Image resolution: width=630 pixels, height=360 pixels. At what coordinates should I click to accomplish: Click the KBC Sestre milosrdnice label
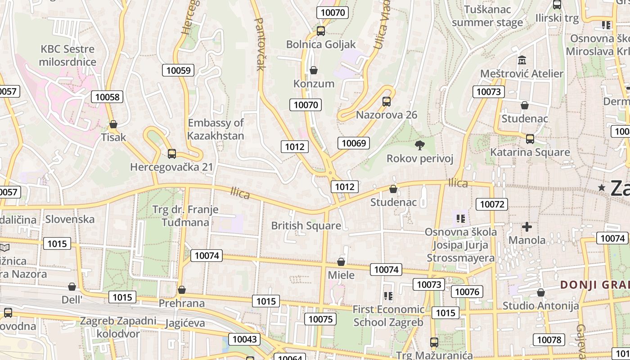pyautogui.click(x=67, y=55)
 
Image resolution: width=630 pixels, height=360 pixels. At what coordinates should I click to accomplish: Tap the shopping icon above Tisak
pyautogui.click(x=113, y=124)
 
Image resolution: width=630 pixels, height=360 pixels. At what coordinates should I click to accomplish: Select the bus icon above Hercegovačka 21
pyautogui.click(x=171, y=154)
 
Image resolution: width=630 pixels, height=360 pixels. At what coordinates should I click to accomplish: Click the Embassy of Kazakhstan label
pyautogui.click(x=216, y=129)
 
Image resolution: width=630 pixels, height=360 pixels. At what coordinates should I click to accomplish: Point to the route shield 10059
pyautogui.click(x=179, y=70)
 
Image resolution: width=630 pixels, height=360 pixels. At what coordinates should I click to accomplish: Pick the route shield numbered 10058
pyautogui.click(x=108, y=97)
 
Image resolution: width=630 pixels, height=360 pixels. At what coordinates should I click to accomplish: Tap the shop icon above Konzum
pyautogui.click(x=314, y=70)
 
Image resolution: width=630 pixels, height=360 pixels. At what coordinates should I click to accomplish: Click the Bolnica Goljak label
pyautogui.click(x=321, y=44)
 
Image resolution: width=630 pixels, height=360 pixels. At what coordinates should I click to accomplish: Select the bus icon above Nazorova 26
pyautogui.click(x=387, y=101)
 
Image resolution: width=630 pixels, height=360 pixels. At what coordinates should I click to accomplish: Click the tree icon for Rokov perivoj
pyautogui.click(x=420, y=145)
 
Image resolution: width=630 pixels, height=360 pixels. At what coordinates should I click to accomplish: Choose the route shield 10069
pyautogui.click(x=354, y=143)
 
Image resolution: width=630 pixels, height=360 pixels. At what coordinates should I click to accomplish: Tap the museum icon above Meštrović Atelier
pyautogui.click(x=522, y=60)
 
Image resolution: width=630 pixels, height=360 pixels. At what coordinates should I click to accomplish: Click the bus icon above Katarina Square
pyautogui.click(x=530, y=139)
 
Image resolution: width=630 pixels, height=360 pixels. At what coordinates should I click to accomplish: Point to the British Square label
pyautogui.click(x=306, y=225)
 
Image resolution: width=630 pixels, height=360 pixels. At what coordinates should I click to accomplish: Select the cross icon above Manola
pyautogui.click(x=526, y=226)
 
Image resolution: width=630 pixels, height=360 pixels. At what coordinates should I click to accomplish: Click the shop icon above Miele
pyautogui.click(x=341, y=261)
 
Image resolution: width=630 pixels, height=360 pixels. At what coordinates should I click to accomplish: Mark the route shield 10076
pyautogui.click(x=467, y=292)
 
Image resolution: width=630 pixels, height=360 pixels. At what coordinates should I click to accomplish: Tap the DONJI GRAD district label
pyautogui.click(x=594, y=285)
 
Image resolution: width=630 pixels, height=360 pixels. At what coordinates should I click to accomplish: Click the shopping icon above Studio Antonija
pyautogui.click(x=541, y=292)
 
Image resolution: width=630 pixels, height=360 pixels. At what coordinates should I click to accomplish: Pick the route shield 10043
pyautogui.click(x=244, y=339)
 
